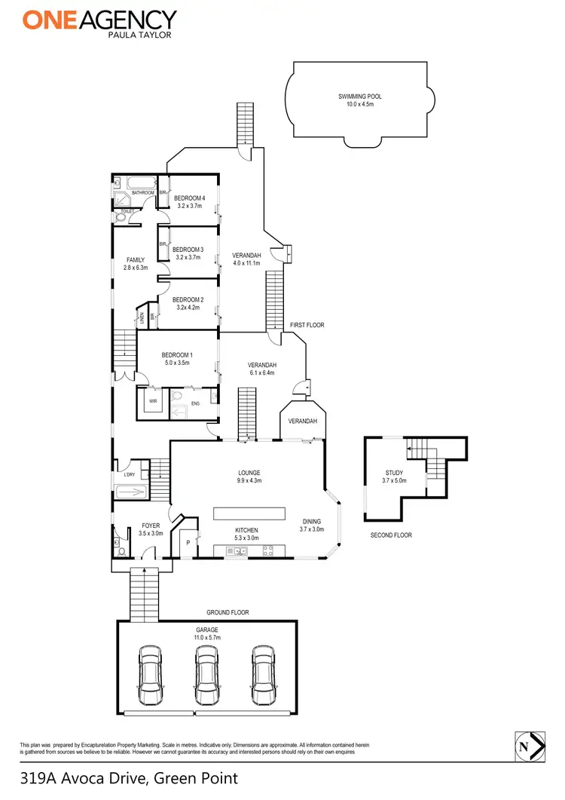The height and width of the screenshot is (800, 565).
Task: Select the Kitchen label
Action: [x=247, y=534]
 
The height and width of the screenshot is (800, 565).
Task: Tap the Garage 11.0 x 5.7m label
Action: [x=206, y=633]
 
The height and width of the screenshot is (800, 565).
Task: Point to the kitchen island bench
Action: [x=250, y=513]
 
